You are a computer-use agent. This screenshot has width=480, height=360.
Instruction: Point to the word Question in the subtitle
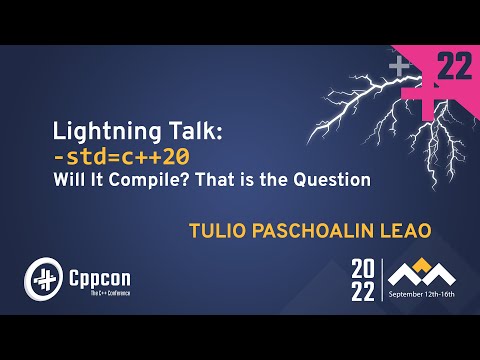pos(334,180)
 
